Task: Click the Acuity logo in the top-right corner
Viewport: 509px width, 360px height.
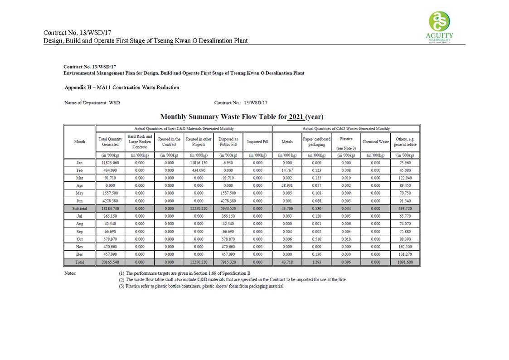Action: pyautogui.click(x=440, y=27)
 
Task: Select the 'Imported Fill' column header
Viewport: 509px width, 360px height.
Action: pyautogui.click(x=257, y=142)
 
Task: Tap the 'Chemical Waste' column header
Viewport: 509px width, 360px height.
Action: pyautogui.click(x=375, y=142)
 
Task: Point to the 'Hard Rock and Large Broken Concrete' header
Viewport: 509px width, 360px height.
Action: pyautogui.click(x=140, y=142)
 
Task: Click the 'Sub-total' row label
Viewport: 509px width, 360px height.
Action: pyautogui.click(x=79, y=209)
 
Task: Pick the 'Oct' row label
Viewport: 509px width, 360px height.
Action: pyautogui.click(x=79, y=239)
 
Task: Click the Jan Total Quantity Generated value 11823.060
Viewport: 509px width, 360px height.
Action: pyautogui.click(x=110, y=162)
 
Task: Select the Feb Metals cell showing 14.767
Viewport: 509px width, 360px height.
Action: pyautogui.click(x=287, y=170)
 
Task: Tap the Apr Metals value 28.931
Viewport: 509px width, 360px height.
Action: pyautogui.click(x=287, y=185)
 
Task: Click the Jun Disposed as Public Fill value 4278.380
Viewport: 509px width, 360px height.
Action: pyautogui.click(x=228, y=201)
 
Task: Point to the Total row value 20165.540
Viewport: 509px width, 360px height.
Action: pyautogui.click(x=110, y=262)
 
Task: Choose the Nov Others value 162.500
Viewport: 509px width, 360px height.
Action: pyautogui.click(x=405, y=247)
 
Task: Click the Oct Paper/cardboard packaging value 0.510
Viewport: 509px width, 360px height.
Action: pyautogui.click(x=316, y=239)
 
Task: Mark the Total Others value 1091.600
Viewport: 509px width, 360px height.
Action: pyautogui.click(x=405, y=262)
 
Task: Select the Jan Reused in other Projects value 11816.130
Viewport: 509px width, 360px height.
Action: pyautogui.click(x=199, y=162)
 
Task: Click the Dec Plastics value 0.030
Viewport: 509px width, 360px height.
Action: pyautogui.click(x=346, y=254)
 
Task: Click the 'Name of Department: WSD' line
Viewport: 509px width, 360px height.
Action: pyautogui.click(x=92, y=103)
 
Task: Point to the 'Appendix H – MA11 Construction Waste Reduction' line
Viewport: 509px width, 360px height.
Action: pyautogui.click(x=122, y=88)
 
